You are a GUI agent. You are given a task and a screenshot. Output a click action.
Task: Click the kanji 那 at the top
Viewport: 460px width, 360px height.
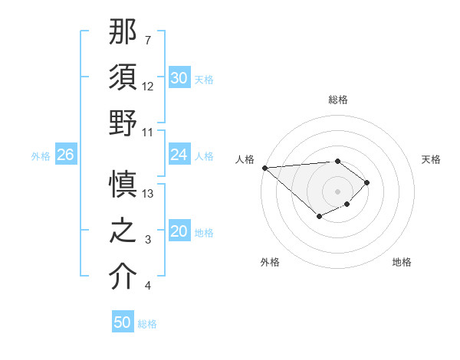(x=123, y=33)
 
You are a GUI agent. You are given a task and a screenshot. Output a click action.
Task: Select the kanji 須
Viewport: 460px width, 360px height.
(x=123, y=77)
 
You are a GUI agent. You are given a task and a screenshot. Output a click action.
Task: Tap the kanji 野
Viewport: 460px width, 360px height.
(x=123, y=123)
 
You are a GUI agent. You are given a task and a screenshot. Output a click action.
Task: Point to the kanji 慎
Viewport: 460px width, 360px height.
(x=123, y=185)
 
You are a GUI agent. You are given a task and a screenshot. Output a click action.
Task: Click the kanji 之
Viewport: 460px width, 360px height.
(x=123, y=231)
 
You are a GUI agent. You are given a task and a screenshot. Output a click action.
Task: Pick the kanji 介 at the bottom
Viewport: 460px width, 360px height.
(x=123, y=277)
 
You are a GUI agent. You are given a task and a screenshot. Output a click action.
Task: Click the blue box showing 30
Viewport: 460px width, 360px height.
(x=179, y=78)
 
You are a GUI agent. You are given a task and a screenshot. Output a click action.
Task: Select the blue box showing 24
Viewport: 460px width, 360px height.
(x=179, y=155)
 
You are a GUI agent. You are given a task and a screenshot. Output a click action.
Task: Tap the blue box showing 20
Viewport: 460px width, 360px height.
(x=179, y=232)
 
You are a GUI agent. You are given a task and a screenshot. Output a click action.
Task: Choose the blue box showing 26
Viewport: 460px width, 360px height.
(x=65, y=155)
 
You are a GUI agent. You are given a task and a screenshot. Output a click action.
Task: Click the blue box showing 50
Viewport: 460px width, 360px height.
(x=123, y=322)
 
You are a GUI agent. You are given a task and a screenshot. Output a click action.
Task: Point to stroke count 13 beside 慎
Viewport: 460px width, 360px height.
(x=149, y=194)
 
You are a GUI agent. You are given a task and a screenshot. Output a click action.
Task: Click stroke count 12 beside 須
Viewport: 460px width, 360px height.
(x=149, y=86)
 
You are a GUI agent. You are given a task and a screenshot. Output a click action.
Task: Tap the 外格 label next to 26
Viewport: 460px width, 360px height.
(x=41, y=156)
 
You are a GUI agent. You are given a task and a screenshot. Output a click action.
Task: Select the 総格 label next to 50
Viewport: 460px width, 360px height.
(x=147, y=324)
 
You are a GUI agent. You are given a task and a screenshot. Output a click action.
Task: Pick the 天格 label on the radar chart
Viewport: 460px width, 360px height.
(x=432, y=159)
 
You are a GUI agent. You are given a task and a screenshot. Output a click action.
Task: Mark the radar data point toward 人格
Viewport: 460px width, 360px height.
(x=264, y=167)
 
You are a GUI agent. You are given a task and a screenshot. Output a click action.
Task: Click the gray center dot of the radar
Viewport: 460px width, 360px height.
(x=337, y=191)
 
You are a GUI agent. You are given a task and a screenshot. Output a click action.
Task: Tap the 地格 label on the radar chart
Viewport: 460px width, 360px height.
(x=402, y=262)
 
